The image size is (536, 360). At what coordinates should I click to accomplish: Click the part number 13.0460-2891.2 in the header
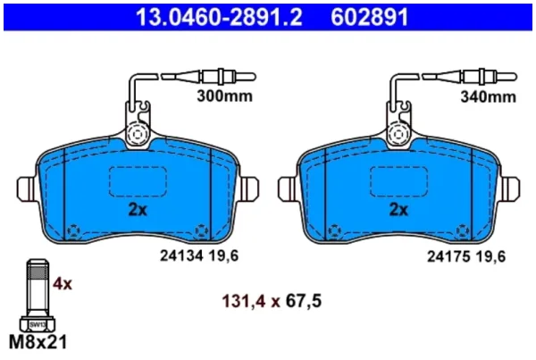click(x=219, y=18)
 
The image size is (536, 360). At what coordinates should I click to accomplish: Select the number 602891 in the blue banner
click(x=370, y=18)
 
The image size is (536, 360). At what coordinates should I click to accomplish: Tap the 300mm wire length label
click(x=224, y=96)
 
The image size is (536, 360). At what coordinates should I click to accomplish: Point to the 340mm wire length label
click(x=488, y=96)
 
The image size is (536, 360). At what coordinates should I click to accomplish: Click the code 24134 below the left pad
click(x=182, y=255)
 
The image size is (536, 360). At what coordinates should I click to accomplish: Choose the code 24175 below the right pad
click(x=448, y=256)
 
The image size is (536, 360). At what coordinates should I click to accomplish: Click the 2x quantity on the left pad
click(x=138, y=210)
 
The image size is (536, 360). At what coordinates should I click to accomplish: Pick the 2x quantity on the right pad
click(x=399, y=210)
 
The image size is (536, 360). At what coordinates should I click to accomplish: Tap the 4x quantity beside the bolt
click(x=63, y=284)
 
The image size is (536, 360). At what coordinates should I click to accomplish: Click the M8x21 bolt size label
click(x=38, y=342)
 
